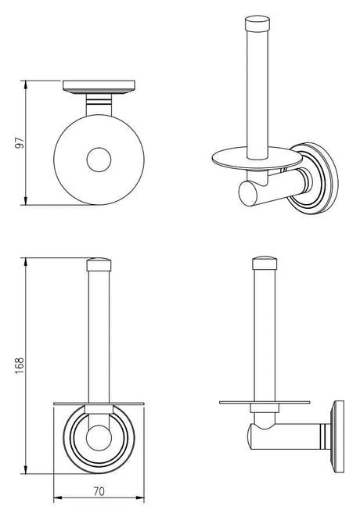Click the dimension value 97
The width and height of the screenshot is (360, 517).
pos(20,143)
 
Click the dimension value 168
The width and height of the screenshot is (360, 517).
pos(20,366)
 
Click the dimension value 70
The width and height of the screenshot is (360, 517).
pos(99,491)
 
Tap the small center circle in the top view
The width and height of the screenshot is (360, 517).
pos(99,160)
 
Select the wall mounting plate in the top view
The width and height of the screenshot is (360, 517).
pos(99,87)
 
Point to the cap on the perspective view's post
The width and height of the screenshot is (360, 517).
pos(257,23)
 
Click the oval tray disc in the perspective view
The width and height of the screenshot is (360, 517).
pos(257,157)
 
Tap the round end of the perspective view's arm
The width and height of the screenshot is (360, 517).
pos(248,193)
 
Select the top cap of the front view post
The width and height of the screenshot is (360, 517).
pos(99,264)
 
